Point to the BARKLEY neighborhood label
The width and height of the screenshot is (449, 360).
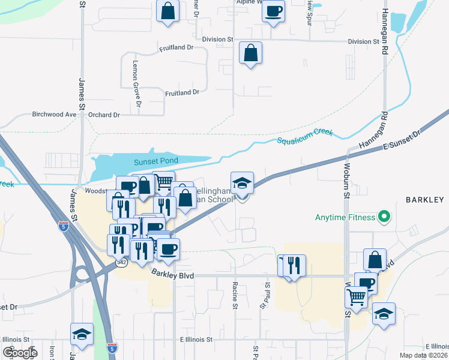pos(424,199)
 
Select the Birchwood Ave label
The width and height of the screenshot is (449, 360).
pos(55,114)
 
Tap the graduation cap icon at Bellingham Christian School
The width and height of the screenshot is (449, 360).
pos(243,182)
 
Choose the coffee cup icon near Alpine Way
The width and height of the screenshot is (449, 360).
pos(273,11)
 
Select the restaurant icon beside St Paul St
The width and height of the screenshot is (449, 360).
pos(294,265)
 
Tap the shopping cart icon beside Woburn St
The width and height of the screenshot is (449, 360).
pos(357,296)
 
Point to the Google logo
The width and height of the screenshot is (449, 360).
pos(20,353)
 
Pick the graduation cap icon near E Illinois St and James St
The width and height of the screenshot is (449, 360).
pos(82,334)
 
